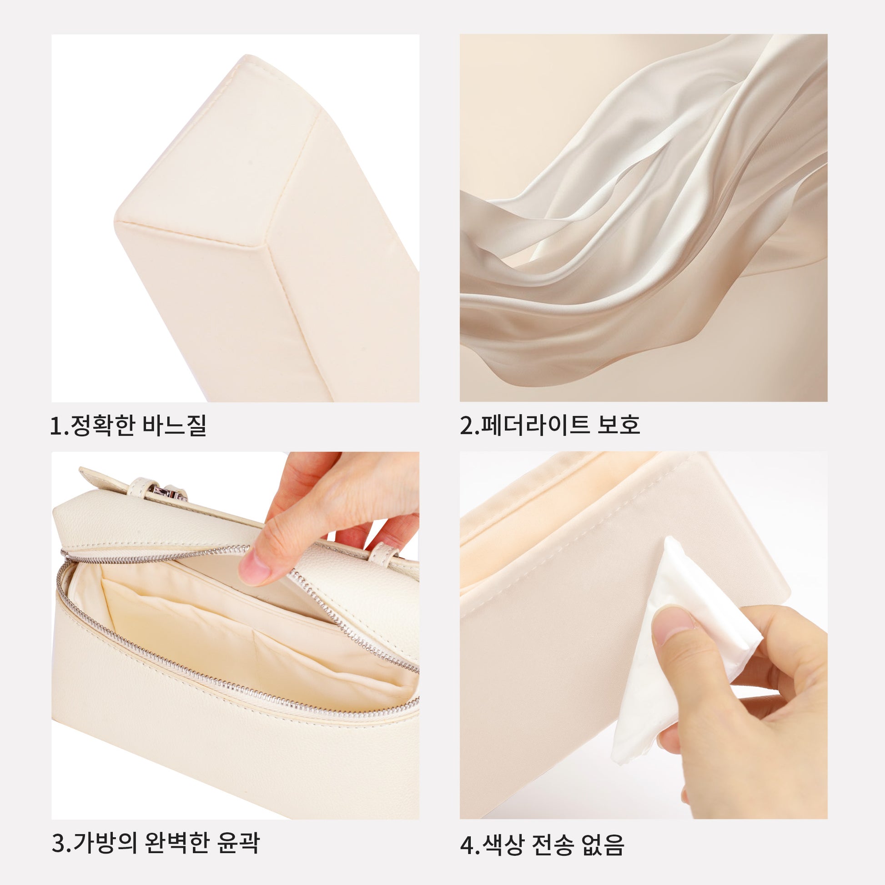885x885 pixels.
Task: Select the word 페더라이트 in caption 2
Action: click(533, 425)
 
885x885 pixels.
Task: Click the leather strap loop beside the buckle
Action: click(137, 490)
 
